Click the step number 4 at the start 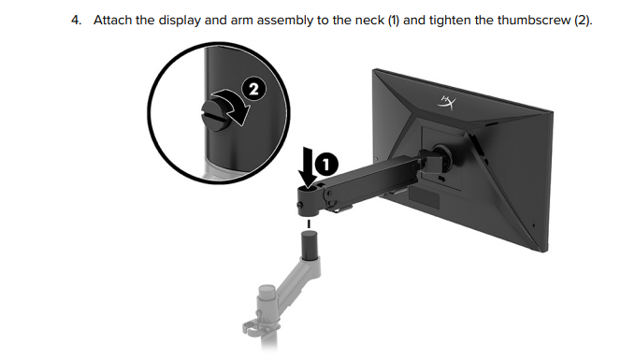tap(76, 20)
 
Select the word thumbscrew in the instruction tap(534, 20)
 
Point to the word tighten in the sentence tap(450, 21)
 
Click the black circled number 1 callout tap(326, 165)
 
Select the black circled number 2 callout tap(254, 89)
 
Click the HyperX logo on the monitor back tap(447, 102)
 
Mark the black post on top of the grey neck tap(310, 245)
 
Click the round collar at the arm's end tap(309, 201)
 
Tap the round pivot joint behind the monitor tap(441, 156)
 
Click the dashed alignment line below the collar tap(309, 223)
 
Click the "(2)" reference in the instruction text tap(583, 21)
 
